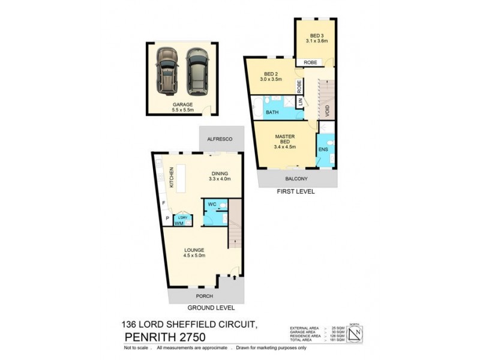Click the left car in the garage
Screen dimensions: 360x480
[x=167, y=71]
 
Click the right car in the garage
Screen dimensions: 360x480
[x=196, y=71]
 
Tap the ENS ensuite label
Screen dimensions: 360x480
[x=323, y=149]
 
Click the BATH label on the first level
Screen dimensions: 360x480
[x=272, y=112]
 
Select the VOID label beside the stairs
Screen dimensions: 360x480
[x=327, y=112]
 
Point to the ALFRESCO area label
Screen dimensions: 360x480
[x=219, y=139]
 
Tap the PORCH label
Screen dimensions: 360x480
[x=205, y=296]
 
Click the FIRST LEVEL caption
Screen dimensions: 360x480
[x=296, y=192]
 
